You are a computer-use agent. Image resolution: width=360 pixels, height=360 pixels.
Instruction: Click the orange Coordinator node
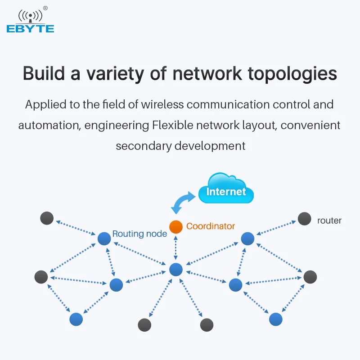[176, 227]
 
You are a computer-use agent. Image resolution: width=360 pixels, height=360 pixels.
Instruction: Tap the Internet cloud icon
[226, 188]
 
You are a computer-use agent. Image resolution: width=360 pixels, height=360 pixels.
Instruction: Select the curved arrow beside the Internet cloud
[183, 202]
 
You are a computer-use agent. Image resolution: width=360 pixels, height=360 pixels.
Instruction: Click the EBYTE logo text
[30, 29]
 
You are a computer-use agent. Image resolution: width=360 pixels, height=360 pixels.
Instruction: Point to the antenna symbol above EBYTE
[30, 16]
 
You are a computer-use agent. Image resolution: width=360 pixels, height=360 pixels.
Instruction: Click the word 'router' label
[329, 220]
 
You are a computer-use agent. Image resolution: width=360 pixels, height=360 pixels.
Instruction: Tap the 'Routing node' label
[139, 234]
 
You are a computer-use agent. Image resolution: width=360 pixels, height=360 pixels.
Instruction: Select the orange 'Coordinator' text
[211, 226]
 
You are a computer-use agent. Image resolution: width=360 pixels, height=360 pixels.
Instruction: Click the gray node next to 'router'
[305, 219]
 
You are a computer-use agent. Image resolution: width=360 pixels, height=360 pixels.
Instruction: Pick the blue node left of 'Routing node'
[104, 238]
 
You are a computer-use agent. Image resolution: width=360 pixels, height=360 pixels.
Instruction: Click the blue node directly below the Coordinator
[176, 270]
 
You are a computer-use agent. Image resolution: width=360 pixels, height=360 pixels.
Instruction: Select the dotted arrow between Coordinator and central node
[176, 248]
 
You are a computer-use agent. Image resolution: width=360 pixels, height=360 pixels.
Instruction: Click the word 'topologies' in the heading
[292, 74]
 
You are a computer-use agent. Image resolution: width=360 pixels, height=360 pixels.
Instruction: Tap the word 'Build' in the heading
[44, 73]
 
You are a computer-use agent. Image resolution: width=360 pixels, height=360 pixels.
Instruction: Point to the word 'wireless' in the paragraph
[162, 104]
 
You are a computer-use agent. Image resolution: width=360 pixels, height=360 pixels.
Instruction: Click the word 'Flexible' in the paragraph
[173, 126]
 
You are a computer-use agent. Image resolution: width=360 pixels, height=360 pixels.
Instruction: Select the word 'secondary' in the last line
[144, 146]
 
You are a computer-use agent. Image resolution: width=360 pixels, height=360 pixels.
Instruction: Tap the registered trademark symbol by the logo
[45, 8]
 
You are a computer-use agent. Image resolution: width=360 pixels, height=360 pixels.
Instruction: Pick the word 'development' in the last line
[210, 146]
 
